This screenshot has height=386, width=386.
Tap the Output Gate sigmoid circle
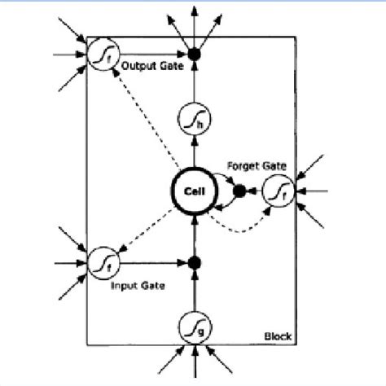pyautogui.click(x=102, y=54)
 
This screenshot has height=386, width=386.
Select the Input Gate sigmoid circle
pyautogui.click(x=102, y=262)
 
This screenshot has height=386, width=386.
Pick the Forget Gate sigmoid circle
pyautogui.click(x=277, y=192)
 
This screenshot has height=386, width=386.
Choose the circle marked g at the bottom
pyautogui.click(x=193, y=330)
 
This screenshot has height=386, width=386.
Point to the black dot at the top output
pyautogui.click(x=193, y=54)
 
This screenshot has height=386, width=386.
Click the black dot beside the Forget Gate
pyautogui.click(x=239, y=192)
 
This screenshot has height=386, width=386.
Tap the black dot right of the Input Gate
pyautogui.click(x=193, y=262)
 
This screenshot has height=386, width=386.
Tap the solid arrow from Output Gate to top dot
pyautogui.click(x=151, y=54)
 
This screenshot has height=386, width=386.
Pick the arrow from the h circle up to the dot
pyautogui.click(x=193, y=86)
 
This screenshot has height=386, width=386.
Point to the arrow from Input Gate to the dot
pyautogui.click(x=151, y=262)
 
